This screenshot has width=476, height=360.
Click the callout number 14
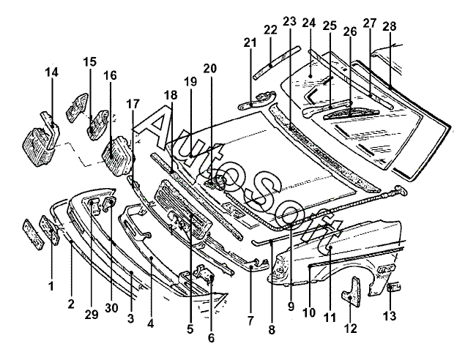pyautogui.click(x=51, y=72)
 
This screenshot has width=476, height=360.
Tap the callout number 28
pyautogui.click(x=390, y=26)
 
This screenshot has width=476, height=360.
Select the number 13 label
pyautogui.click(x=390, y=315)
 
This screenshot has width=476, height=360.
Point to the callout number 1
pyautogui.click(x=51, y=285)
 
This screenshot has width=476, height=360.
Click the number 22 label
pyautogui.click(x=270, y=30)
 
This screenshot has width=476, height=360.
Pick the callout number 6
pyautogui.click(x=211, y=337)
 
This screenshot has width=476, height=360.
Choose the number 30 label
pyautogui.click(x=111, y=308)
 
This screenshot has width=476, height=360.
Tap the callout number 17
pyautogui.click(x=133, y=104)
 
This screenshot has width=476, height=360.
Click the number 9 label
pyautogui.click(x=291, y=307)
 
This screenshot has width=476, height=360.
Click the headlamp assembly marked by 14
pyautogui.click(x=41, y=141)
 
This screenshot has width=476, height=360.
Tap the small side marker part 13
pyautogui.click(x=395, y=287)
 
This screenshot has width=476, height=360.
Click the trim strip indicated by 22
pyautogui.click(x=277, y=63)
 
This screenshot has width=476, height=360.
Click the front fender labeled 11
pyautogui.click(x=337, y=255)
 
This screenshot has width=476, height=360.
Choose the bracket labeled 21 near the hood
pyautogui.click(x=257, y=101)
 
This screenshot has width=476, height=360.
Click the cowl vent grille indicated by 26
pyautogui.click(x=352, y=113)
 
